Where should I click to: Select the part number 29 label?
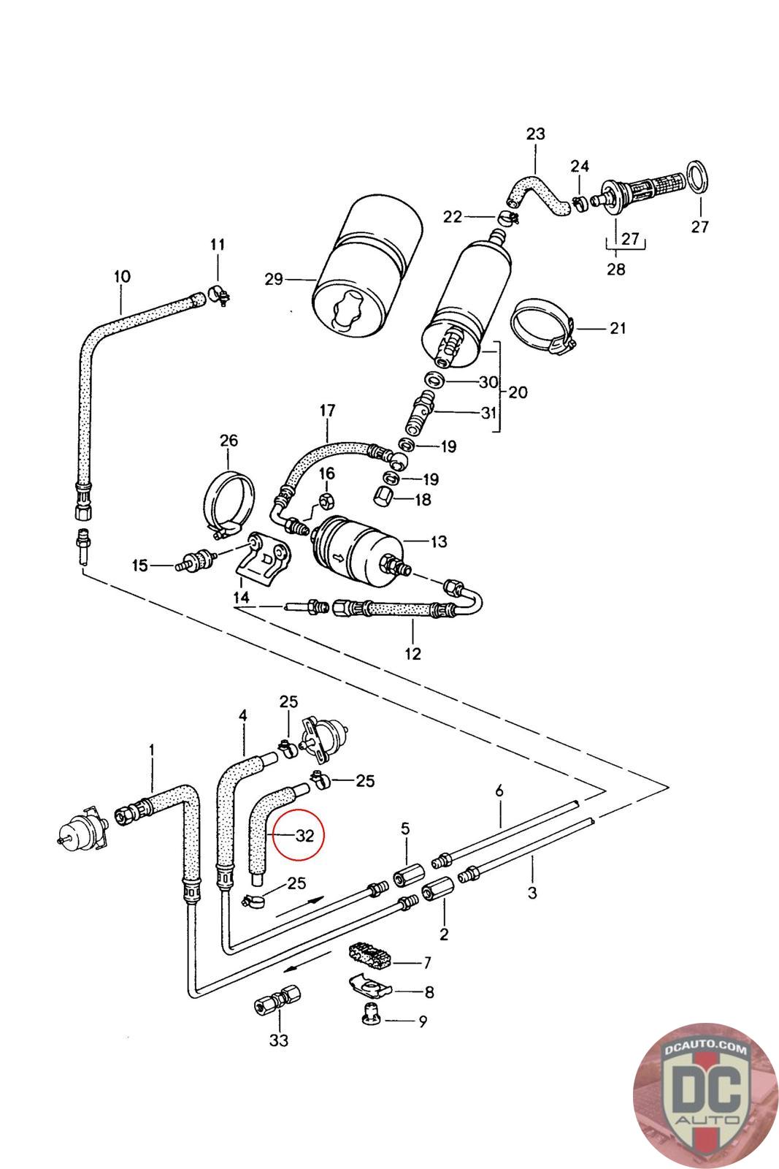[274, 280]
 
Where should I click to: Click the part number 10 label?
[122, 276]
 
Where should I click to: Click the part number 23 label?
[535, 134]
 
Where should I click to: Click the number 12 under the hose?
[412, 653]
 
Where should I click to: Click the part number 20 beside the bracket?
[517, 392]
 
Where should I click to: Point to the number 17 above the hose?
[327, 411]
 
